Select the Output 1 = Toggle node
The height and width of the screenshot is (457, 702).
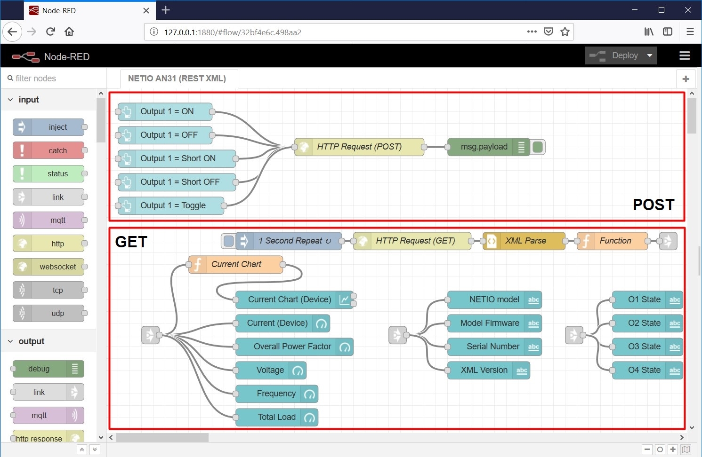[172, 205]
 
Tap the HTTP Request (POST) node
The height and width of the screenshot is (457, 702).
[359, 147]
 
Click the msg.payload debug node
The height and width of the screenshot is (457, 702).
[484, 147]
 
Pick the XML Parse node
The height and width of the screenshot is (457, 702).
[525, 241]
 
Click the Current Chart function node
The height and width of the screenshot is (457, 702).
[236, 264]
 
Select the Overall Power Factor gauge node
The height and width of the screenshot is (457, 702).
[292, 347]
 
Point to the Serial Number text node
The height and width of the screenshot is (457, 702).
[492, 347]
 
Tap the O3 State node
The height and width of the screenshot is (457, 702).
[644, 347]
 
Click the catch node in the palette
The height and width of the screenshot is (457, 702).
[57, 150]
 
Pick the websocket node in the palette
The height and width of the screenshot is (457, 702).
[57, 267]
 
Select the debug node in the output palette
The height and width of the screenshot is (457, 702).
[39, 369]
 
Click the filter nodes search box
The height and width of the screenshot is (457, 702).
[52, 79]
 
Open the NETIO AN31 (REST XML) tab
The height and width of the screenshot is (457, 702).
[177, 79]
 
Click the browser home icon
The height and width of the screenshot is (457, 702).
[69, 32]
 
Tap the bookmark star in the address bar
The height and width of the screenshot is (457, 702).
[565, 32]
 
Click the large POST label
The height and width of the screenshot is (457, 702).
[653, 205]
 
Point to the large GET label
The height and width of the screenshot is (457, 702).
[131, 242]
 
